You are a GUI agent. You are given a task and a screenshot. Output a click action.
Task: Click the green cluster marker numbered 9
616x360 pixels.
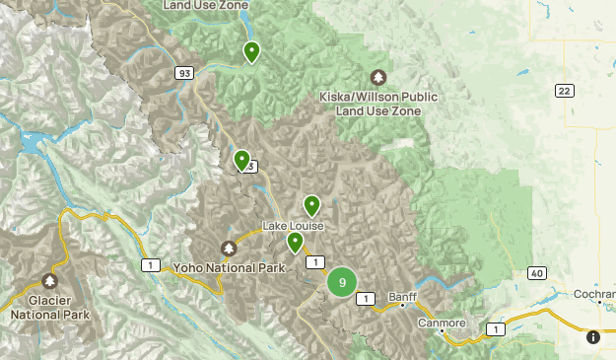(342, 282)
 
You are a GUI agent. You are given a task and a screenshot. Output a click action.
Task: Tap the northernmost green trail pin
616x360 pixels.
(251, 51)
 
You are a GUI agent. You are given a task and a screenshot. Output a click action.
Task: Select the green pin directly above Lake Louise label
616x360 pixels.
(311, 205)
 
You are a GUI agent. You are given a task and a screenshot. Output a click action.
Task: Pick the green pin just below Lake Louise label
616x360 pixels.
(295, 242)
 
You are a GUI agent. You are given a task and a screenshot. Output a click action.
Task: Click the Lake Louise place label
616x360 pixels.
(293, 226)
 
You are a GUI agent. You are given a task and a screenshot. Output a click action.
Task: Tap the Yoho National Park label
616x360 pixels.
(229, 267)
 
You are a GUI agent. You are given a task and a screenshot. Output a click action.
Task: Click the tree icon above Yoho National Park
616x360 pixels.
(229, 249)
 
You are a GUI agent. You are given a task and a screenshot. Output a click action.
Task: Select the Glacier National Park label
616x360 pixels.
(49, 308)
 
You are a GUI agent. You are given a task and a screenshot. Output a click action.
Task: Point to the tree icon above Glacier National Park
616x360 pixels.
(49, 282)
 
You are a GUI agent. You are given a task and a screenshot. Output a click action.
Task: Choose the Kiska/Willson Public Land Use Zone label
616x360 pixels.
(378, 104)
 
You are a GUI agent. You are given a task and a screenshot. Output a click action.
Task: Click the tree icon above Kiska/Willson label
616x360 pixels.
(378, 77)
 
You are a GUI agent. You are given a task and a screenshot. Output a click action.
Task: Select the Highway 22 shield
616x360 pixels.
(563, 91)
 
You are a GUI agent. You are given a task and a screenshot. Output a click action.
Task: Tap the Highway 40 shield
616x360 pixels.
(536, 273)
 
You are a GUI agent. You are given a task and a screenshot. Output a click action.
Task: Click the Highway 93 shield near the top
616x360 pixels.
(184, 73)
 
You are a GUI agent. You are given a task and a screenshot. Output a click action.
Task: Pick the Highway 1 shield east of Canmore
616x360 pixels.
(495, 328)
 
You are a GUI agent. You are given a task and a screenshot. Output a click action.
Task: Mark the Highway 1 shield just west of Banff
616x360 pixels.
(366, 298)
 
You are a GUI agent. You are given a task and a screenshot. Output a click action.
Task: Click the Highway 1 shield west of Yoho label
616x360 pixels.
(151, 265)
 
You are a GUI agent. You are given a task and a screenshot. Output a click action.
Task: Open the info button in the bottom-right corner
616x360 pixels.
(592, 337)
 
